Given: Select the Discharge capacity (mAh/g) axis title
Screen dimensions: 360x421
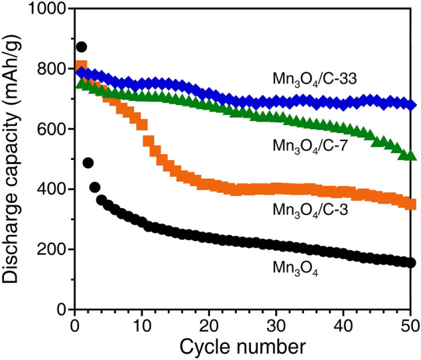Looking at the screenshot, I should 13,159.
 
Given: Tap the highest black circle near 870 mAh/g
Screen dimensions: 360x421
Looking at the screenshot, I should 82,47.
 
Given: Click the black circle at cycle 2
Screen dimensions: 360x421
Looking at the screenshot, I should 88,163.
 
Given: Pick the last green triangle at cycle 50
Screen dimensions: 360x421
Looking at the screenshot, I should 411,156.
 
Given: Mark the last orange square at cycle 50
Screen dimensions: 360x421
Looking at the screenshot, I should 411,205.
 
